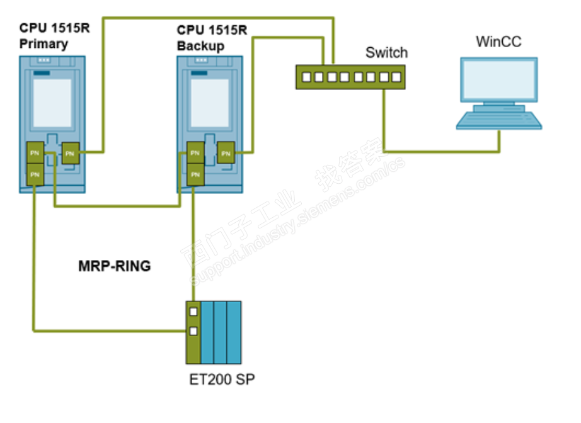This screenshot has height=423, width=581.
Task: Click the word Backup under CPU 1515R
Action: [x=200, y=47]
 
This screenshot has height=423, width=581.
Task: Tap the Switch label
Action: [x=386, y=52]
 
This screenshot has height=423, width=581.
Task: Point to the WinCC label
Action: [x=498, y=42]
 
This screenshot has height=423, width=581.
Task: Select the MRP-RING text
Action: [x=115, y=266]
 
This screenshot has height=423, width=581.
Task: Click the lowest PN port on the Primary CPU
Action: [x=35, y=173]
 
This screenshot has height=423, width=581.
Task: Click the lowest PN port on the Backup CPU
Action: [x=195, y=173]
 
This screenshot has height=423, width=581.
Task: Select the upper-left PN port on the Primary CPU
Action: [x=35, y=152]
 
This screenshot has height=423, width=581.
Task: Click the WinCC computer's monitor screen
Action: [x=498, y=81]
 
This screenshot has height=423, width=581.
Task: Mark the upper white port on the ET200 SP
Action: [x=193, y=311]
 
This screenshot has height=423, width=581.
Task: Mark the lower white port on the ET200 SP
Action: [x=193, y=330]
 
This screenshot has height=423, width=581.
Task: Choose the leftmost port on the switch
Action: [x=306, y=77]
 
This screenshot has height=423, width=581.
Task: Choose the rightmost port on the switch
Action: [x=396, y=77]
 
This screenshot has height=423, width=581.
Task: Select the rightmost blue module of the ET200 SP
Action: [x=234, y=332]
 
